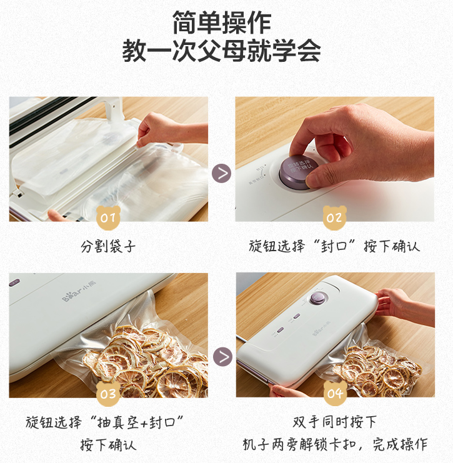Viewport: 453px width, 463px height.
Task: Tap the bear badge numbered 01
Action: pyautogui.click(x=108, y=217)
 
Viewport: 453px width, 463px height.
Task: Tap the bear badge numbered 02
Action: pyautogui.click(x=334, y=217)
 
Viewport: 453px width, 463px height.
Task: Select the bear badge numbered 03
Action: pyautogui.click(x=108, y=393)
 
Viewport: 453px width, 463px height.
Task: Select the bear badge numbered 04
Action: pyautogui.click(x=335, y=393)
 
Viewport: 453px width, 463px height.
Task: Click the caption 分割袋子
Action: pyautogui.click(x=108, y=246)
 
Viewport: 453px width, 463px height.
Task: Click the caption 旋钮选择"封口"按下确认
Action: pyautogui.click(x=334, y=246)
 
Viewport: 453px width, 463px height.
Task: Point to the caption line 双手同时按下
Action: pyautogui.click(x=335, y=422)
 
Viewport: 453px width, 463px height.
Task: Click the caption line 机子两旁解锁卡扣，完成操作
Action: pyautogui.click(x=335, y=445)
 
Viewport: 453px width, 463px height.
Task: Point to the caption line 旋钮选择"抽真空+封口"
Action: pyautogui.click(x=108, y=422)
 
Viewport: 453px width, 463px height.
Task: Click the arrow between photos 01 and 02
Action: pyautogui.click(x=222, y=173)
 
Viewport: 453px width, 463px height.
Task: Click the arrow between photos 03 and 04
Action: pyautogui.click(x=222, y=357)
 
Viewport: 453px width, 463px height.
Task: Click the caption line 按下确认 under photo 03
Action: pyautogui.click(x=108, y=445)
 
